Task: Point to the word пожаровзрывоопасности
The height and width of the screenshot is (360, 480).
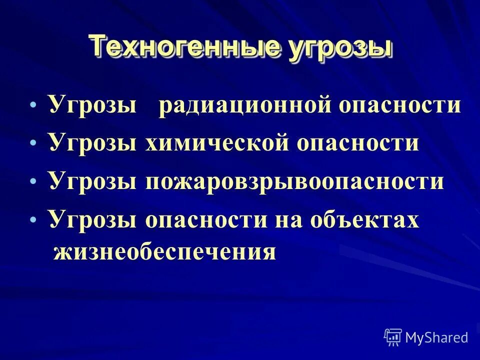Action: click(x=294, y=181)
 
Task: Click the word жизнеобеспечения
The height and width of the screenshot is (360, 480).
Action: click(x=164, y=251)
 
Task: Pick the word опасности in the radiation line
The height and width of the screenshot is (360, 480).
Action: click(x=398, y=106)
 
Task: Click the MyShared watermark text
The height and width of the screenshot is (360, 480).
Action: click(x=436, y=337)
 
